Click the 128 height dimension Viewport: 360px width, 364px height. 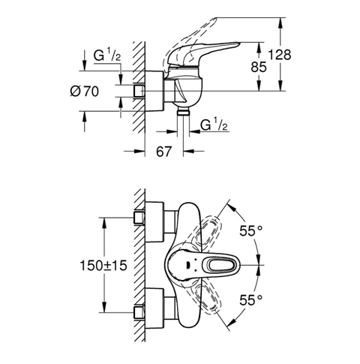pos(280,55)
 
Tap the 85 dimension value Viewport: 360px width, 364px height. pos(259,67)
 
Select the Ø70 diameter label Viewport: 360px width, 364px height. pos(85,91)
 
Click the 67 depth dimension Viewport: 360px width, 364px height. pos(164,152)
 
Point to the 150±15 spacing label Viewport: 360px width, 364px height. pos(103,265)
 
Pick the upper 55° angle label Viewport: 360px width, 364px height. pos(251,230)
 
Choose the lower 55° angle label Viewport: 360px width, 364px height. pos(251,300)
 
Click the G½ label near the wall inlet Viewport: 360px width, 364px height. pos(107,56)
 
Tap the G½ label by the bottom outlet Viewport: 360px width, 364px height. pos(214,125)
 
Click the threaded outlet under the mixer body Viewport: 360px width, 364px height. pos(183,113)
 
